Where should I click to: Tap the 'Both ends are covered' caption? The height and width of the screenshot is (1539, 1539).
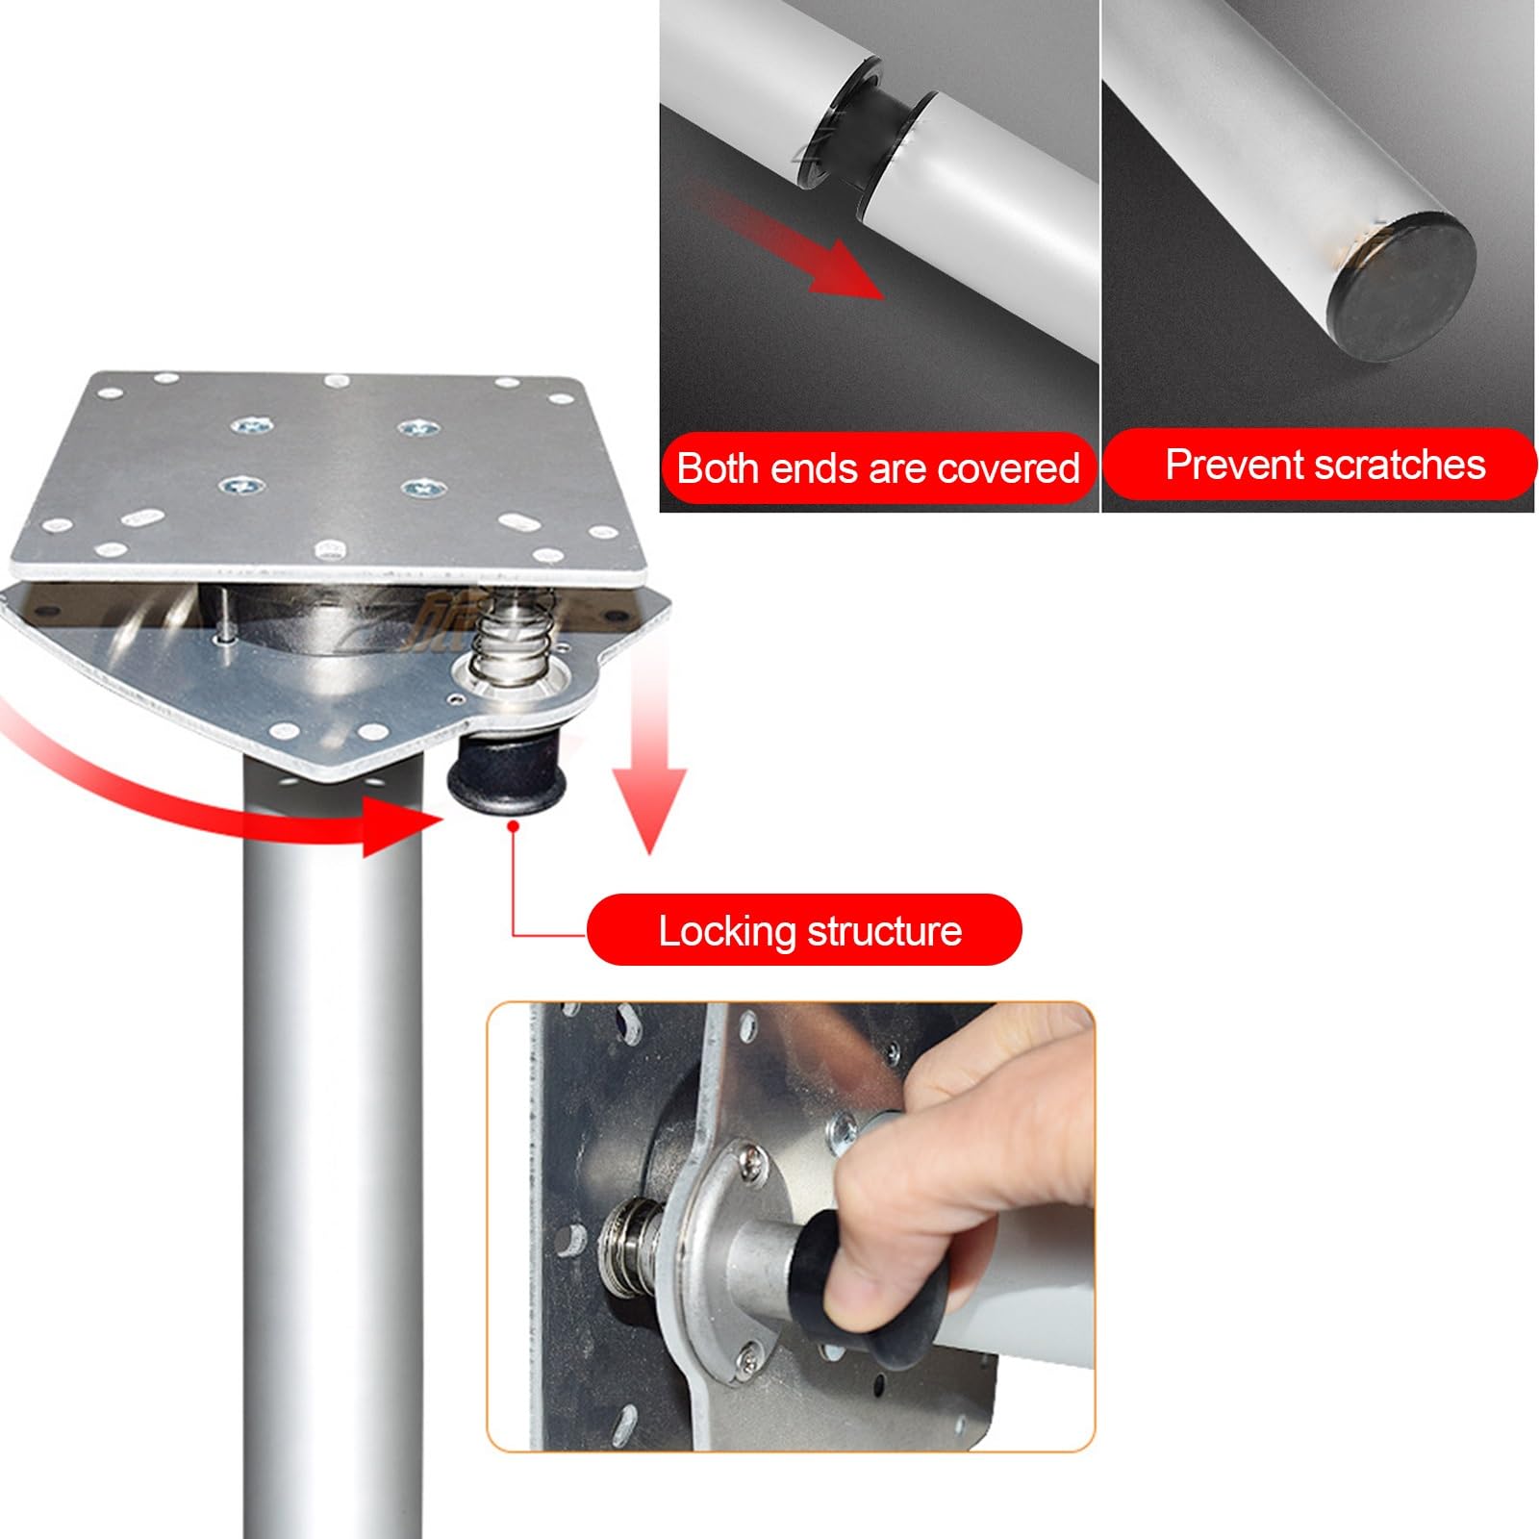coord(878,468)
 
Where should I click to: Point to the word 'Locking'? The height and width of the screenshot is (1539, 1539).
coord(728,931)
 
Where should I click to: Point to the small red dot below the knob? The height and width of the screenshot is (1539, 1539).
coord(515,825)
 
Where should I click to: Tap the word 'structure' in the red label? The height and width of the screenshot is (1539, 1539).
coord(885,931)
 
